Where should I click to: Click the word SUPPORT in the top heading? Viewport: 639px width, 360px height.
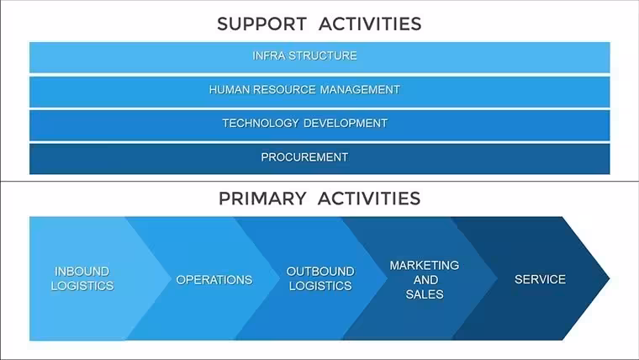pos(261,24)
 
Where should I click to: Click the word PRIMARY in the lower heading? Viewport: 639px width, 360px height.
pos(262,199)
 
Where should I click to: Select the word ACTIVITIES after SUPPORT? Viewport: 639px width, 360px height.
pos(370,24)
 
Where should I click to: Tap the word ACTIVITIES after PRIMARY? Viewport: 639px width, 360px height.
pos(369,199)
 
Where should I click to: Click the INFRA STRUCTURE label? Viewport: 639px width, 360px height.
pos(305,56)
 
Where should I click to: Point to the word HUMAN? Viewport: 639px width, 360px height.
pos(230,89)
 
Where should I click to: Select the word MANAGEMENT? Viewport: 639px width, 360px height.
pos(360,89)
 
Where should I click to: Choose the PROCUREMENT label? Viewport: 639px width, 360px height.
pos(304,157)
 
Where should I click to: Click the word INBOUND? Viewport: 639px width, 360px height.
pos(82,272)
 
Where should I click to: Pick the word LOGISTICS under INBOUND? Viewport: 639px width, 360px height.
pos(82,286)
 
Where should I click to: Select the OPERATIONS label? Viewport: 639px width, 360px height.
pos(214,280)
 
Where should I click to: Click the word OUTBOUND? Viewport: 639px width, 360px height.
pos(320,272)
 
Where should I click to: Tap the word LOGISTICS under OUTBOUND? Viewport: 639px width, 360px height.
pos(320,286)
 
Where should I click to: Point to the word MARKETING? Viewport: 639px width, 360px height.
pos(425,266)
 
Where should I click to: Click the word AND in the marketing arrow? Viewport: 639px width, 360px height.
pos(426,280)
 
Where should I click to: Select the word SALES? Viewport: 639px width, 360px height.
pos(425,294)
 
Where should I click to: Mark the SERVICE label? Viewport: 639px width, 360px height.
pos(540,279)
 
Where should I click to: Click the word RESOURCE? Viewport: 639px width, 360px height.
pos(285,89)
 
